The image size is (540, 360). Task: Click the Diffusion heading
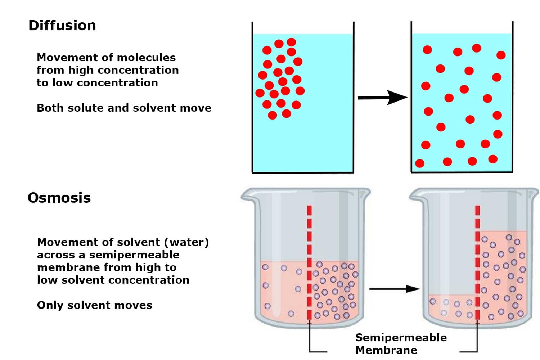62,25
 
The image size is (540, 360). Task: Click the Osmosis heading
59,198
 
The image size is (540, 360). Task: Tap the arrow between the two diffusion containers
383,98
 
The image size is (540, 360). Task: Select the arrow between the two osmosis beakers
395,289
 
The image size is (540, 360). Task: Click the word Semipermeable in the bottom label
401,338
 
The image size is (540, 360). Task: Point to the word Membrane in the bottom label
386,350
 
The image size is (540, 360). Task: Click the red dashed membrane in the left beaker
309,262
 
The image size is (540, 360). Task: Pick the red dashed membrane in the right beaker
477,262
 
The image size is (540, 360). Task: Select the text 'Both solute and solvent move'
124,108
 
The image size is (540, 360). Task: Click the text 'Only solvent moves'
94,305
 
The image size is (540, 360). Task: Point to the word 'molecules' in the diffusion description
146,57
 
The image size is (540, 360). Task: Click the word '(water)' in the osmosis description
186,242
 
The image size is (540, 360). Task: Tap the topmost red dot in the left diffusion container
292,42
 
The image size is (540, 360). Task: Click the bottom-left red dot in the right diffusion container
420,163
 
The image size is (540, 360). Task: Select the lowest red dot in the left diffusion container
273,115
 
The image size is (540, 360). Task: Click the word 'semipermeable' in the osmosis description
134,255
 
